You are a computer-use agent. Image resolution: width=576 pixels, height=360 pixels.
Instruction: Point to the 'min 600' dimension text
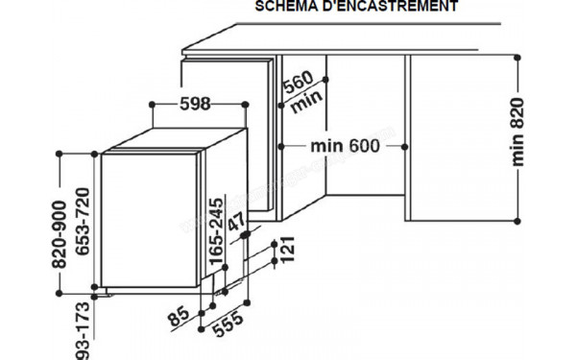pyautogui.click(x=345, y=146)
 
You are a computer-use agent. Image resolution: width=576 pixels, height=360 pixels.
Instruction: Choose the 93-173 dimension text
pyautogui.click(x=84, y=330)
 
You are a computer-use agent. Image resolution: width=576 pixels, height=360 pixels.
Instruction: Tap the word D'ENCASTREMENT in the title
pyautogui.click(x=393, y=6)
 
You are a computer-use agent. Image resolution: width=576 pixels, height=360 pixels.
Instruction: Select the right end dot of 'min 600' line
pyautogui.click(x=410, y=146)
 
